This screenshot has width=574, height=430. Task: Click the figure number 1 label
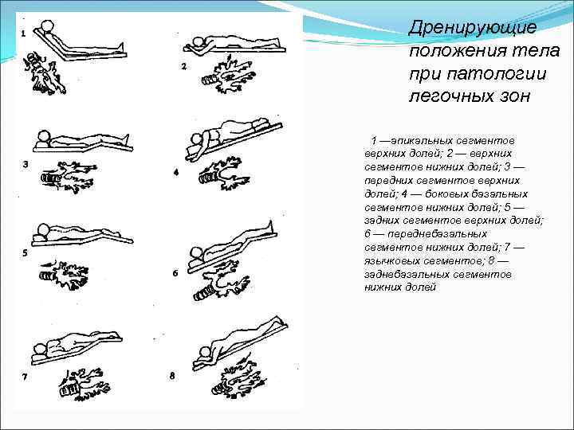23,33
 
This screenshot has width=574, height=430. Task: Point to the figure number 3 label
25,165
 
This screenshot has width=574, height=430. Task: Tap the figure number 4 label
175,172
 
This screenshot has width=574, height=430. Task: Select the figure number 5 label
25,252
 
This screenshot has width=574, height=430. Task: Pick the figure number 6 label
175,272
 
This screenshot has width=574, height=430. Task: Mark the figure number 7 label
25,376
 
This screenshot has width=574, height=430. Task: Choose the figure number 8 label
172,375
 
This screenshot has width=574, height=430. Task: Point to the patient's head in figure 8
205,351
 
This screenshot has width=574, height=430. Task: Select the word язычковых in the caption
395,260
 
